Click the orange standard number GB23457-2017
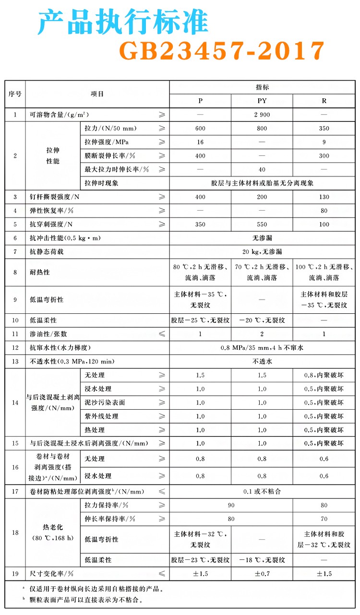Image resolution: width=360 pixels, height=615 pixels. pos(221,50)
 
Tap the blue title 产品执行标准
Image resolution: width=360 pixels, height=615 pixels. pos(123,22)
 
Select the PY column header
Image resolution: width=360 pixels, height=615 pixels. pos(262,101)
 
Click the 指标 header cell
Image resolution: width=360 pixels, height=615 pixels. pos(262,87)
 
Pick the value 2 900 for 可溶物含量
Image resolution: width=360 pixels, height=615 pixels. pos(262,115)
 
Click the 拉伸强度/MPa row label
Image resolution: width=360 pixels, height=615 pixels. pos(107,142)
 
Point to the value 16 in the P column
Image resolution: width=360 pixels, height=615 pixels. pos(200,142)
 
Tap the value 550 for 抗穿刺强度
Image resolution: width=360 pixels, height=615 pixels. pos(262,224)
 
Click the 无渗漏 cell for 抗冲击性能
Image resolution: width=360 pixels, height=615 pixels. pos(262,238)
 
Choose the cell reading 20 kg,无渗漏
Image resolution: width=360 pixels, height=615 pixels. pos(262,251)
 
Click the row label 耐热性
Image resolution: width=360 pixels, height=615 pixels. pos(40,272)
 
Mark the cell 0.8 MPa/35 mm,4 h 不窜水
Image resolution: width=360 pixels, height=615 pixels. pos(262,347)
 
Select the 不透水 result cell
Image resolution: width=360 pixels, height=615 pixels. pos(262,361)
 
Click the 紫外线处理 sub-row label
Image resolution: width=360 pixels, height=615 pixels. pos(101,416)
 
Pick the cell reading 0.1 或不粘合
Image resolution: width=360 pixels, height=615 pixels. pos(262,491)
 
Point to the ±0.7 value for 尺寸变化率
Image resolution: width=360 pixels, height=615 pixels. pos(262,574)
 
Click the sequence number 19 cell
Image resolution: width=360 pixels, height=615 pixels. pos(15,574)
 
